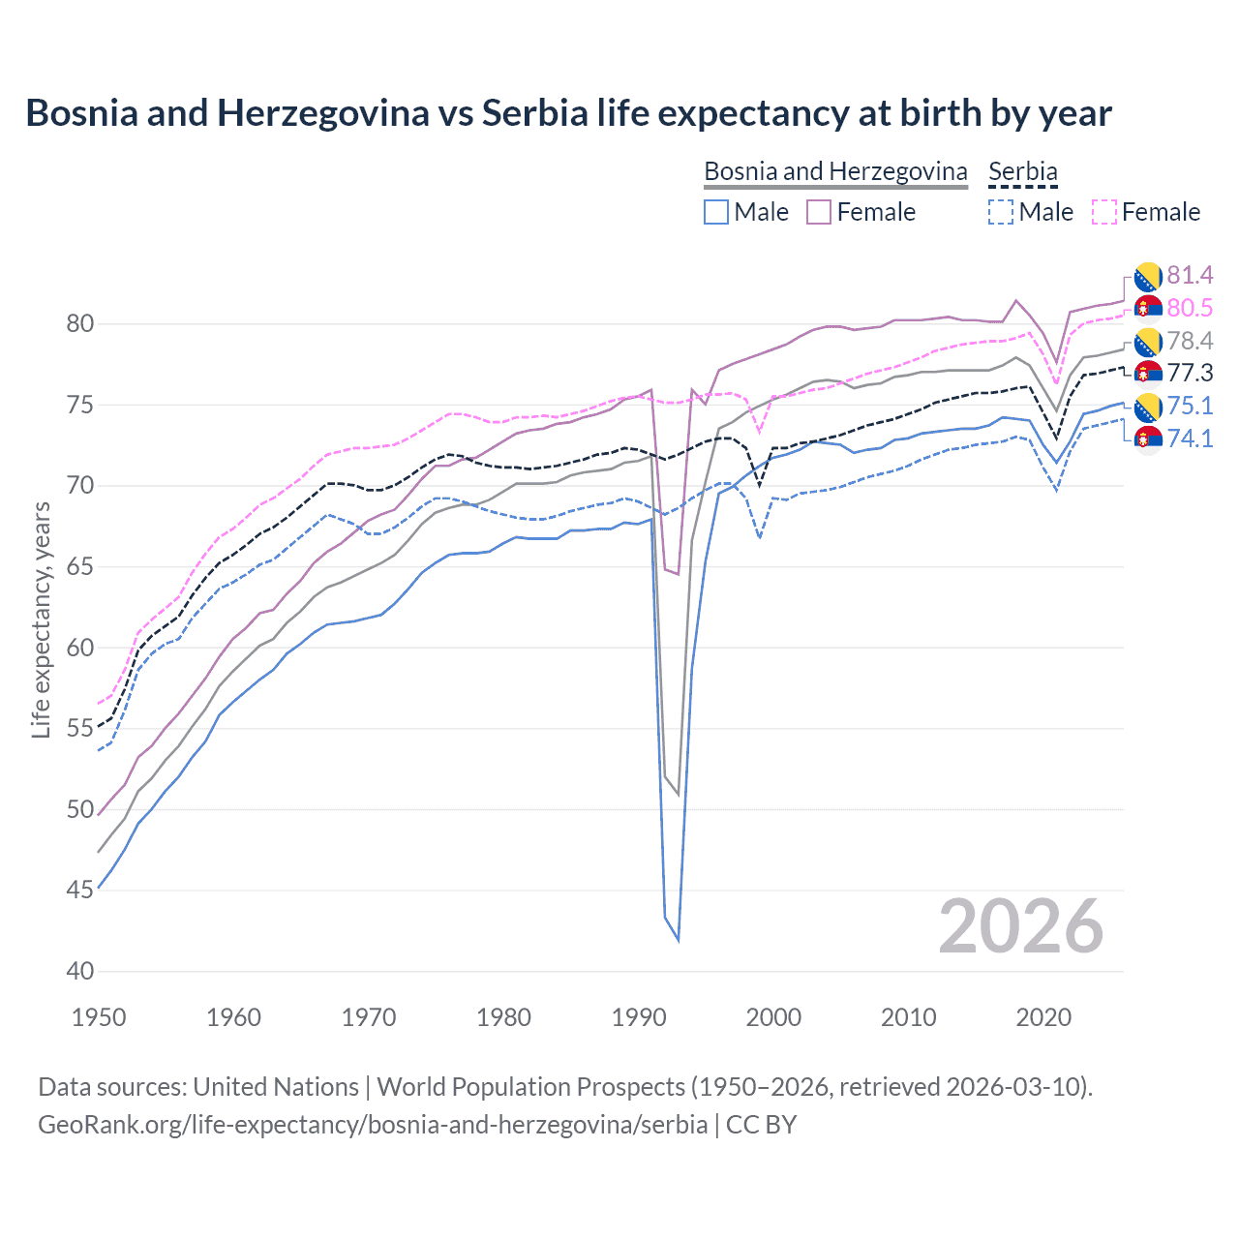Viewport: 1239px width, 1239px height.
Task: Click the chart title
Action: (x=568, y=113)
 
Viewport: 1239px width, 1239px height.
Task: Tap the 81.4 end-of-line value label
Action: (x=1190, y=276)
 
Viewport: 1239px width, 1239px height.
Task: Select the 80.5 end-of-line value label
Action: (x=1190, y=308)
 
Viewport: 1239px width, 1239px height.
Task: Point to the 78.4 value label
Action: (x=1190, y=341)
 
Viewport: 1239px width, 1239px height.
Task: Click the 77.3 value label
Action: (x=1190, y=374)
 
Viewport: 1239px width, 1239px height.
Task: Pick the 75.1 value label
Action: (x=1190, y=406)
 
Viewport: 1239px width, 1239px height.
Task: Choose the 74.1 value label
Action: (x=1190, y=438)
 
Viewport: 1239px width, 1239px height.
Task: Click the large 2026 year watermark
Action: (x=1020, y=926)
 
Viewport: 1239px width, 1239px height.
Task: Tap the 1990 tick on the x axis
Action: (x=639, y=1017)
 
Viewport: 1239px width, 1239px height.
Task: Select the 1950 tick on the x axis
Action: (x=99, y=1017)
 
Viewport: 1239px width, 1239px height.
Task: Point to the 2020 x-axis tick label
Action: (x=1043, y=1017)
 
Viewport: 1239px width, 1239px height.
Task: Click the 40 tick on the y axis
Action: (x=80, y=971)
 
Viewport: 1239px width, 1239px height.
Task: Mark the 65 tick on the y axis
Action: (x=80, y=566)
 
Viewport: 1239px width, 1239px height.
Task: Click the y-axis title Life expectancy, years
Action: (x=42, y=619)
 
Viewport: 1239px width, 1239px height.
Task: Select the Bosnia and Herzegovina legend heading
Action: (x=835, y=171)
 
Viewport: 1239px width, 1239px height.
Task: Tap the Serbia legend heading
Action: (x=1022, y=171)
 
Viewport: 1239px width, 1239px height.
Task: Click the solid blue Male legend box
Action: (x=716, y=212)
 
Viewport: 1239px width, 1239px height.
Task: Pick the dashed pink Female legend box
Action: (x=1104, y=212)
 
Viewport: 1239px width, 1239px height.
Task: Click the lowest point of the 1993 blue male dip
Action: (x=678, y=940)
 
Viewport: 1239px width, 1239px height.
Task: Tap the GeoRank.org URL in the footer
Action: (x=373, y=1125)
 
